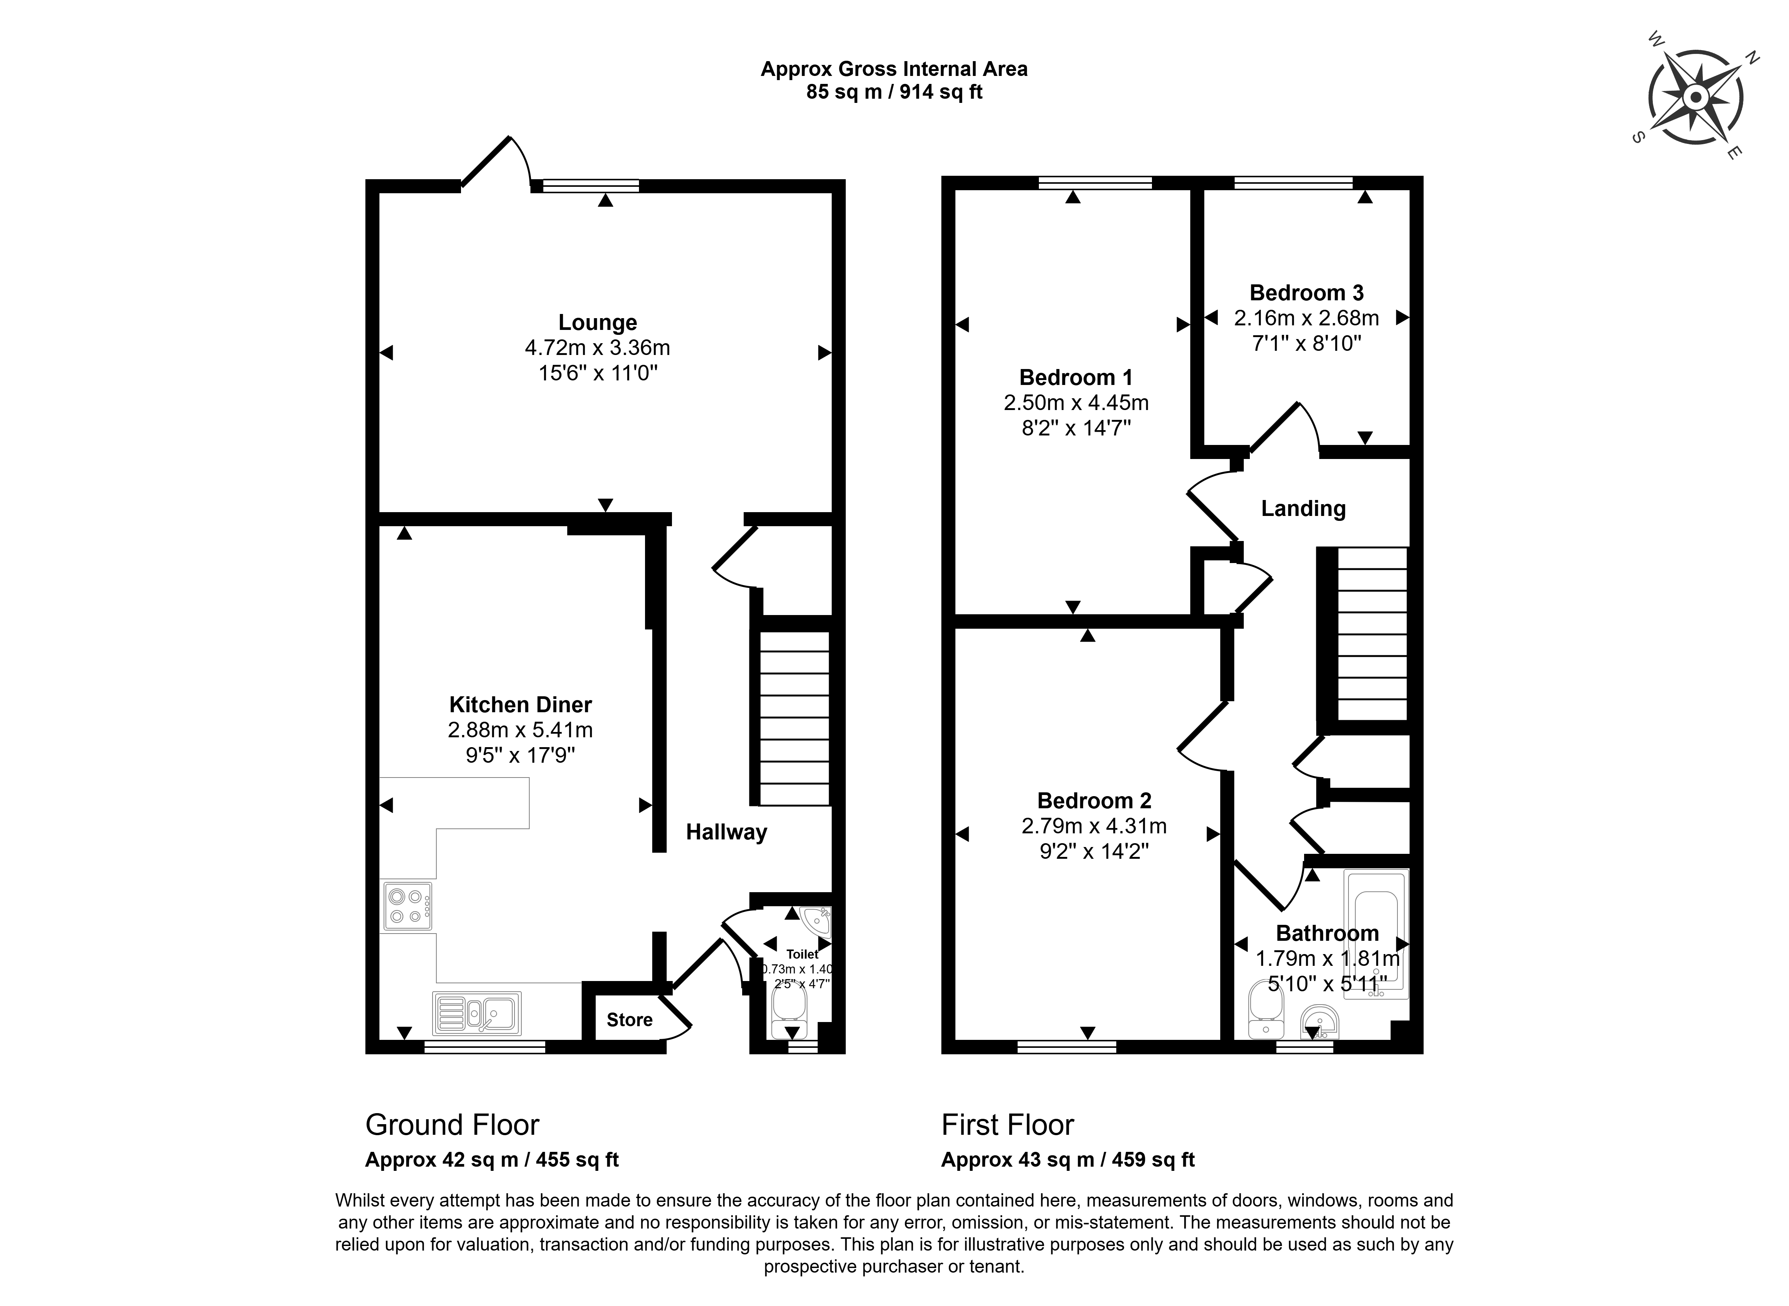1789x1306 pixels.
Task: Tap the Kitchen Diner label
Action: pos(521,704)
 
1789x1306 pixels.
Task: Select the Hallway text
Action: pos(726,833)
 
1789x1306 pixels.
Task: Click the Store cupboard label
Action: pos(630,1020)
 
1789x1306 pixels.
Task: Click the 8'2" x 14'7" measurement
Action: pos(1076,429)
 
